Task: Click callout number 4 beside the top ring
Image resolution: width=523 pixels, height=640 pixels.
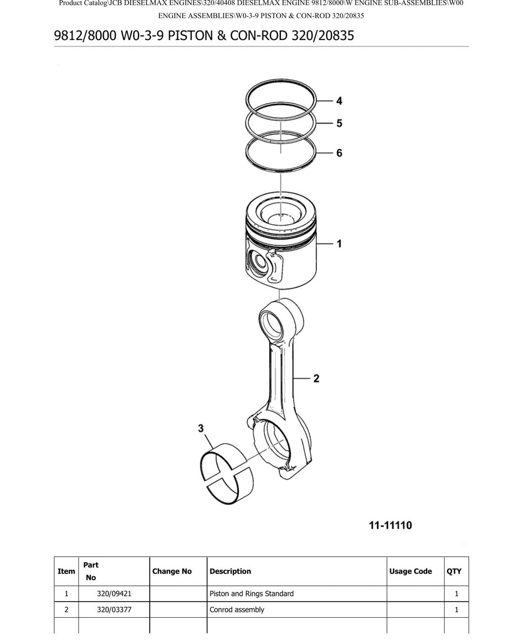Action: click(339, 101)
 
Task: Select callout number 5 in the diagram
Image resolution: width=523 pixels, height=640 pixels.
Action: click(339, 123)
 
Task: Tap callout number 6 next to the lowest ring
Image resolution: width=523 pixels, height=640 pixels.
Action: click(339, 153)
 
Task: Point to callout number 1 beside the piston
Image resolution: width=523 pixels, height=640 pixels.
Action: click(339, 243)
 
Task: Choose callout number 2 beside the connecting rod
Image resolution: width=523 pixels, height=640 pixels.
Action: click(316, 378)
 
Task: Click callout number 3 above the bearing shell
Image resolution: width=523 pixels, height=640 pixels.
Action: click(201, 428)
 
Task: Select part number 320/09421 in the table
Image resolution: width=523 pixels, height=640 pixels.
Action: click(114, 593)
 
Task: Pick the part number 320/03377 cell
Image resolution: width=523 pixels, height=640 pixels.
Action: click(114, 610)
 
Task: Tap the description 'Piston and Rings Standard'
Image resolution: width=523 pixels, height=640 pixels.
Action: click(252, 593)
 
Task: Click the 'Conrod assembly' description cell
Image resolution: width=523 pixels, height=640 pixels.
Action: click(237, 610)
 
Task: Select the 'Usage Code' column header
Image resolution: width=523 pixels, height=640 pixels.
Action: click(410, 571)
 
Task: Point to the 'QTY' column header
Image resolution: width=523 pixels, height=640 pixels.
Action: click(454, 572)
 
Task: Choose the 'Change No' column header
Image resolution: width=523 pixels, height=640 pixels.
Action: click(172, 571)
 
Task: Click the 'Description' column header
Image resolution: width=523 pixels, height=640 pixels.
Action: click(230, 572)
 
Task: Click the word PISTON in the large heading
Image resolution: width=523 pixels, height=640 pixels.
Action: click(190, 36)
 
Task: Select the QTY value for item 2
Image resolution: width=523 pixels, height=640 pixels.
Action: click(456, 610)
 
